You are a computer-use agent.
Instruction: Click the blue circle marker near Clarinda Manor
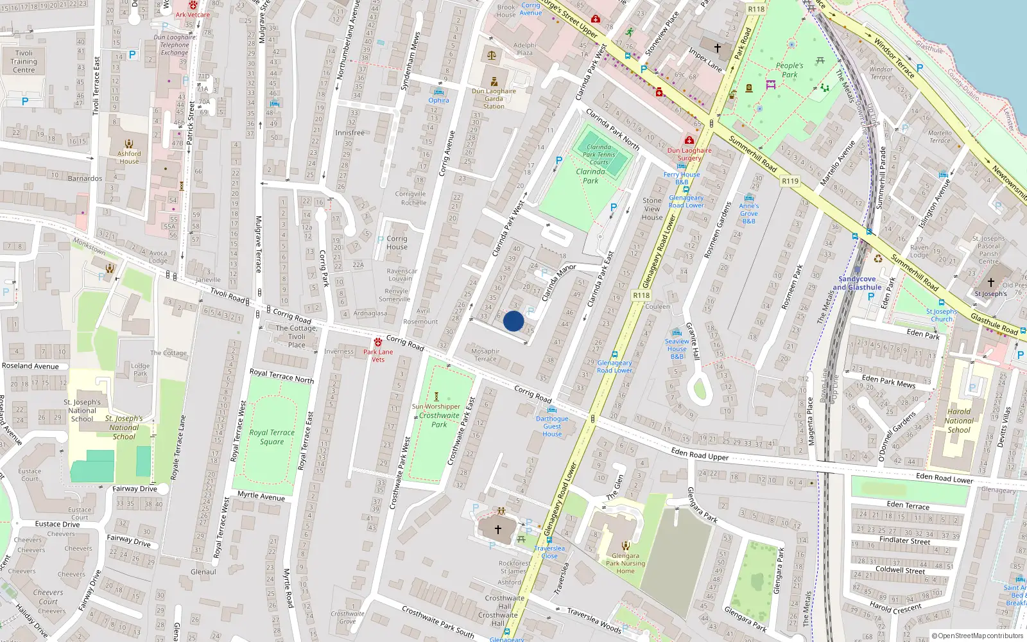[513, 321]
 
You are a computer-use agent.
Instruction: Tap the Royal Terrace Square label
[272, 437]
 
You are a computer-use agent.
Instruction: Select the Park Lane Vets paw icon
[378, 342]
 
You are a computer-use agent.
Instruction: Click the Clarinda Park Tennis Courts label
[599, 154]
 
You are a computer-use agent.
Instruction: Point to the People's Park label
[790, 70]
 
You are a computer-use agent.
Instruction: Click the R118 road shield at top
[756, 9]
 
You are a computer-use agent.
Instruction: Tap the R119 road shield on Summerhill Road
[790, 181]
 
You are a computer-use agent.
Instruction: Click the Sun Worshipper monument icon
[436, 397]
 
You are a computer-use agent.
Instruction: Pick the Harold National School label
[959, 421]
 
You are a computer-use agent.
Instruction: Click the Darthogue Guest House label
[552, 426]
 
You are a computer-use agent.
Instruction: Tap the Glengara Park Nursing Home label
[625, 563]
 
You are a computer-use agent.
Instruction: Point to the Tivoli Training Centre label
[24, 62]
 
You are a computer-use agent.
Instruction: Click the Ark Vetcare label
[193, 15]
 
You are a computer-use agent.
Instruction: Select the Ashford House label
[129, 157]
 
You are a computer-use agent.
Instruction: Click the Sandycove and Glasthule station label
[857, 283]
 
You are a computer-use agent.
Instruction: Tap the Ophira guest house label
[439, 100]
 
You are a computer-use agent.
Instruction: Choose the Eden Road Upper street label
[700, 455]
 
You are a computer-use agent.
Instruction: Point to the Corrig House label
[397, 243]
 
